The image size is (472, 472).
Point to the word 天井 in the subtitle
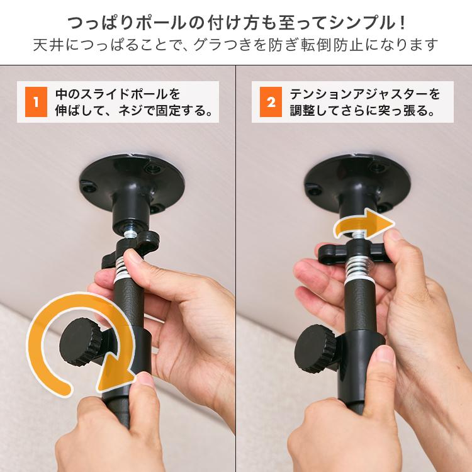point(46,46)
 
